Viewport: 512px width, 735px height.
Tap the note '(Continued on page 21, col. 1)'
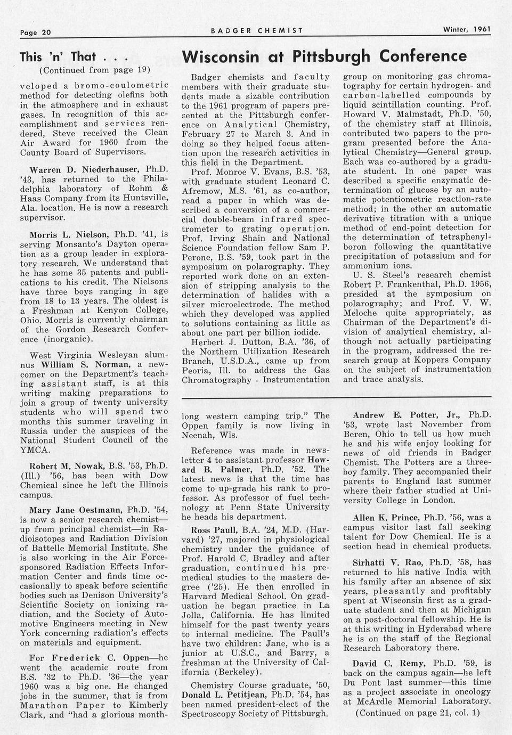[x=417, y=712]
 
